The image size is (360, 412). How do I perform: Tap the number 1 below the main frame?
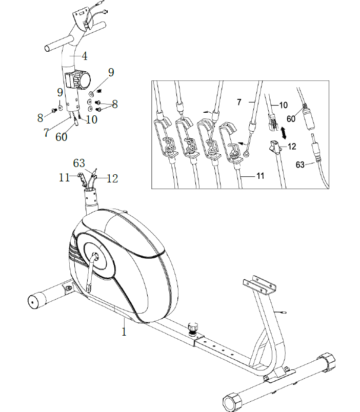tap(124, 332)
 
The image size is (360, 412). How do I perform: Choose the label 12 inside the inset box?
tap(291, 147)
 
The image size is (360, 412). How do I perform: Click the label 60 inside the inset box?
tap(291, 118)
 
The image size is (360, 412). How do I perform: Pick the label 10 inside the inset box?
tap(284, 106)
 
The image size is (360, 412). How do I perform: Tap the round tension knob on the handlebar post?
tap(81, 80)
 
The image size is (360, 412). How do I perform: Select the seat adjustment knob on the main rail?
tap(194, 326)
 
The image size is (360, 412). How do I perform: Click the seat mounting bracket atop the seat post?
tap(259, 284)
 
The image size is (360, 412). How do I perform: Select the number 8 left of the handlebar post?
tap(40, 118)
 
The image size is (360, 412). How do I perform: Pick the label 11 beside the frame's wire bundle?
tap(64, 178)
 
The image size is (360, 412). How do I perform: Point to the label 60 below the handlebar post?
tap(61, 137)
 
